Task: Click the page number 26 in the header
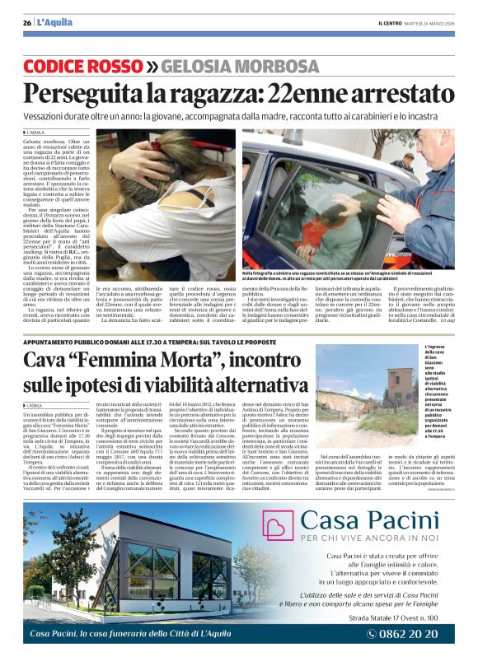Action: click(x=27, y=22)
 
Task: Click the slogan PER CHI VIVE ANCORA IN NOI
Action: click(x=369, y=538)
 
